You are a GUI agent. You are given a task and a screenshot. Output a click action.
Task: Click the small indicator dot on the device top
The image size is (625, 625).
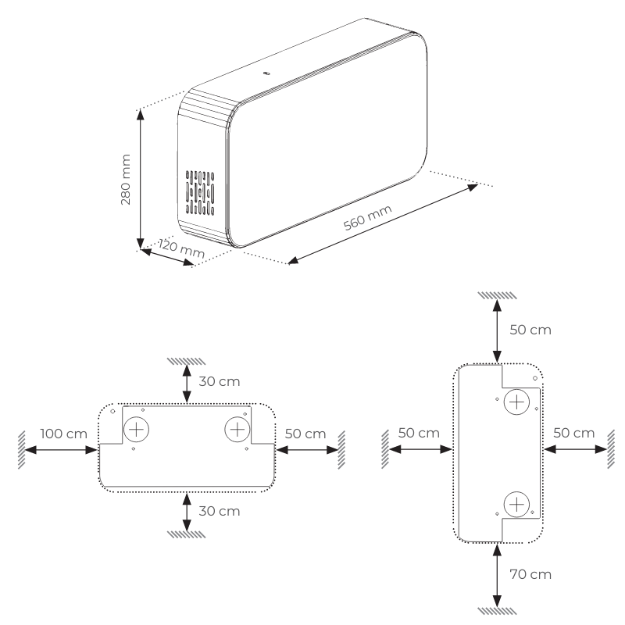(266, 73)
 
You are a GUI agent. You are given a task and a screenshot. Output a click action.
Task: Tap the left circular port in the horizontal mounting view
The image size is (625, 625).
(137, 429)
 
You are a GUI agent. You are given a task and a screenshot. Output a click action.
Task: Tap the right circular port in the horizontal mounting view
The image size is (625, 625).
(236, 429)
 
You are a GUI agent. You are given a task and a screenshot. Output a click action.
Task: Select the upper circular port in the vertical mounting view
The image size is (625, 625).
(516, 403)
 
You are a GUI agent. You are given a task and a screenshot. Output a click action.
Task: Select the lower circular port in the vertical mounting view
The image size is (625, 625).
(516, 504)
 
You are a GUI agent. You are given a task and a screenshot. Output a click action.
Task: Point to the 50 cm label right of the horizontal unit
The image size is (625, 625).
(305, 433)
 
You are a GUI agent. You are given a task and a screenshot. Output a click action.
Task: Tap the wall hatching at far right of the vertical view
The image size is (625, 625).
(610, 449)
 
